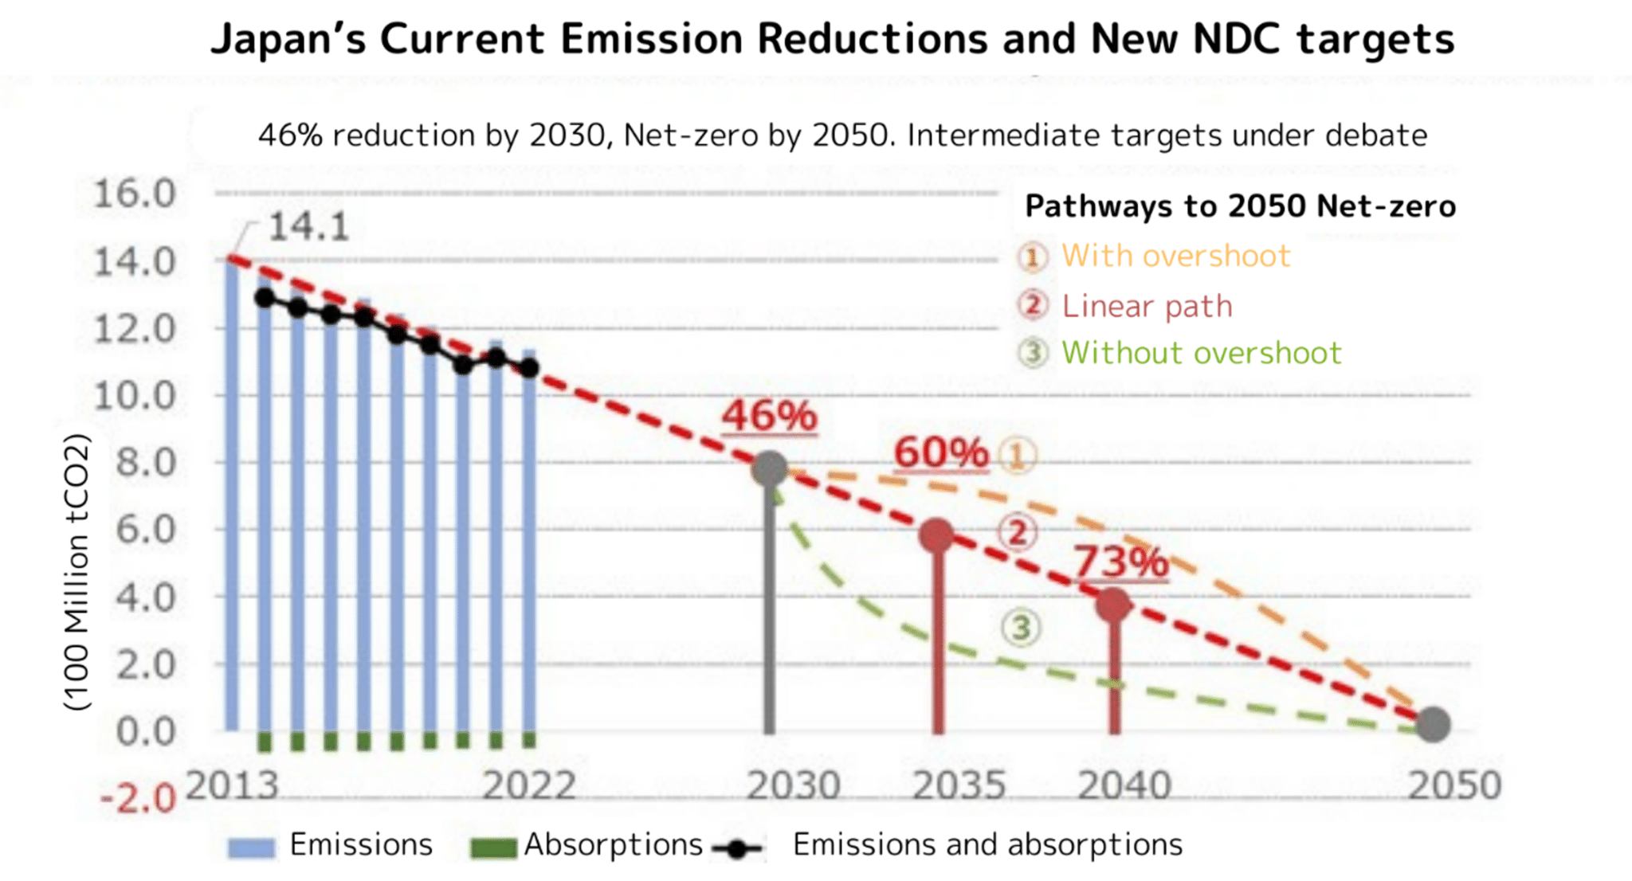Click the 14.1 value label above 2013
(x=309, y=227)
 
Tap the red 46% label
(x=770, y=416)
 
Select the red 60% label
(x=941, y=452)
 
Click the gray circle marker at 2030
(x=770, y=468)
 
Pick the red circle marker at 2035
(x=937, y=535)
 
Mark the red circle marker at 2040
(x=1114, y=605)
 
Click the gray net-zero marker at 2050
(x=1433, y=724)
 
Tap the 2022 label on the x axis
(x=529, y=786)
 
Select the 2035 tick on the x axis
(x=959, y=786)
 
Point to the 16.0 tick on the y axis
(x=134, y=194)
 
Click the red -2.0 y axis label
(x=138, y=797)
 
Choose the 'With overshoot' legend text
(x=1175, y=256)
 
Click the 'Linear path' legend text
(x=1147, y=306)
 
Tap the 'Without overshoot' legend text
(x=1202, y=353)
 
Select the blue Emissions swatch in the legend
(x=251, y=848)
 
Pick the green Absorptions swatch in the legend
(x=493, y=848)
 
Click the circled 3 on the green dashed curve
(x=1021, y=628)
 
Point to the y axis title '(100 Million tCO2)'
(x=77, y=571)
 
